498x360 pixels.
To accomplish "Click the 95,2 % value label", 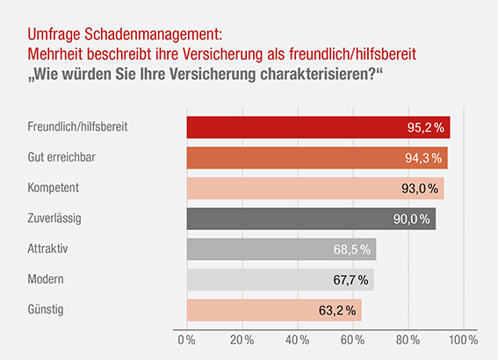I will (426, 128).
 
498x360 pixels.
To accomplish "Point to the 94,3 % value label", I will (423, 158).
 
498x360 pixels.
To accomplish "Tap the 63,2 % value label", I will (337, 310).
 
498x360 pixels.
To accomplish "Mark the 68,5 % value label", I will (351, 249).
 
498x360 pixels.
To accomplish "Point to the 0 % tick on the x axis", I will (185, 339).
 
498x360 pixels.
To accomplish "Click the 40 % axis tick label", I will (297, 339).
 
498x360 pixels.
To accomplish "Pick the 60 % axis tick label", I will (352, 339).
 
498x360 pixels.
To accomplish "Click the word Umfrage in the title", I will (53, 35).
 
